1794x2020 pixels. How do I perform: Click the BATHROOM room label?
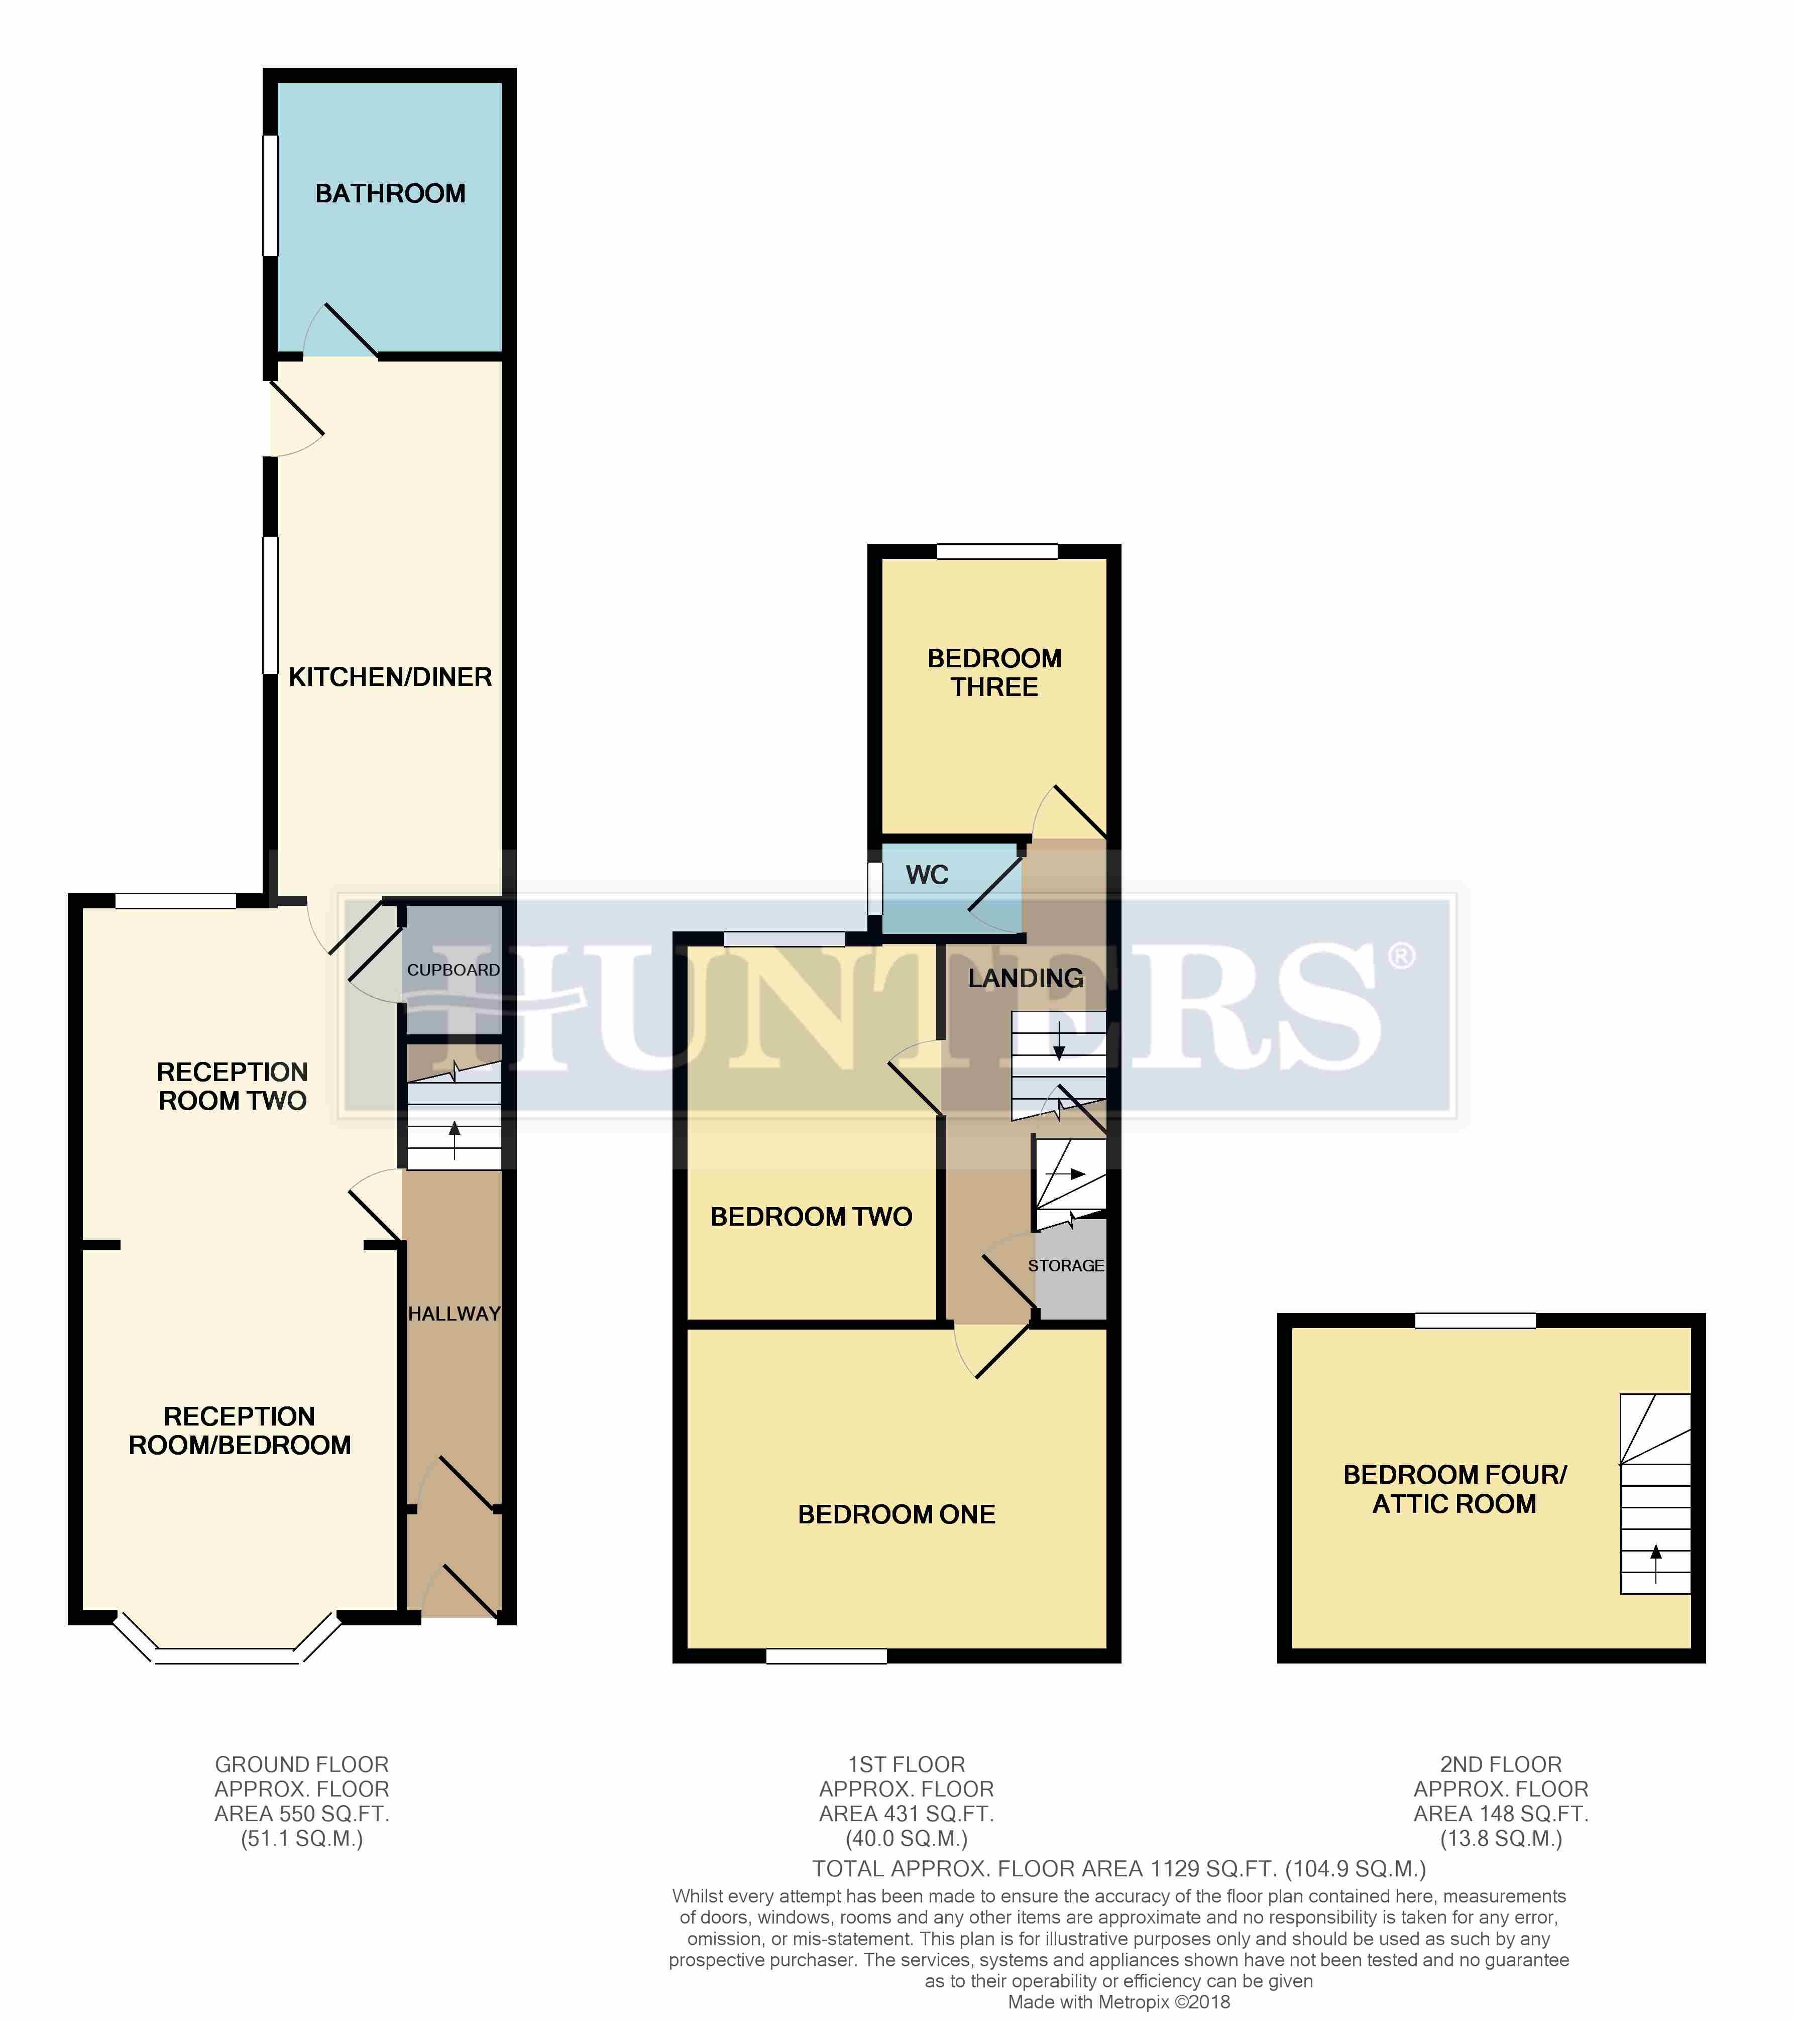coord(390,194)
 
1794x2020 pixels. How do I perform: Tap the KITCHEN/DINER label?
coord(390,677)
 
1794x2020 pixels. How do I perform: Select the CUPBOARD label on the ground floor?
coord(454,970)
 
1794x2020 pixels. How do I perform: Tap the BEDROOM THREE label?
coord(994,672)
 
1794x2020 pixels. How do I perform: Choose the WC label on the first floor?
coord(927,875)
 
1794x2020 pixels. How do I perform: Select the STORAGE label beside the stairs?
coord(1066,1265)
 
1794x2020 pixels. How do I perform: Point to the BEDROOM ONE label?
coord(896,1514)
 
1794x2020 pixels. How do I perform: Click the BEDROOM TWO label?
coord(812,1217)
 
